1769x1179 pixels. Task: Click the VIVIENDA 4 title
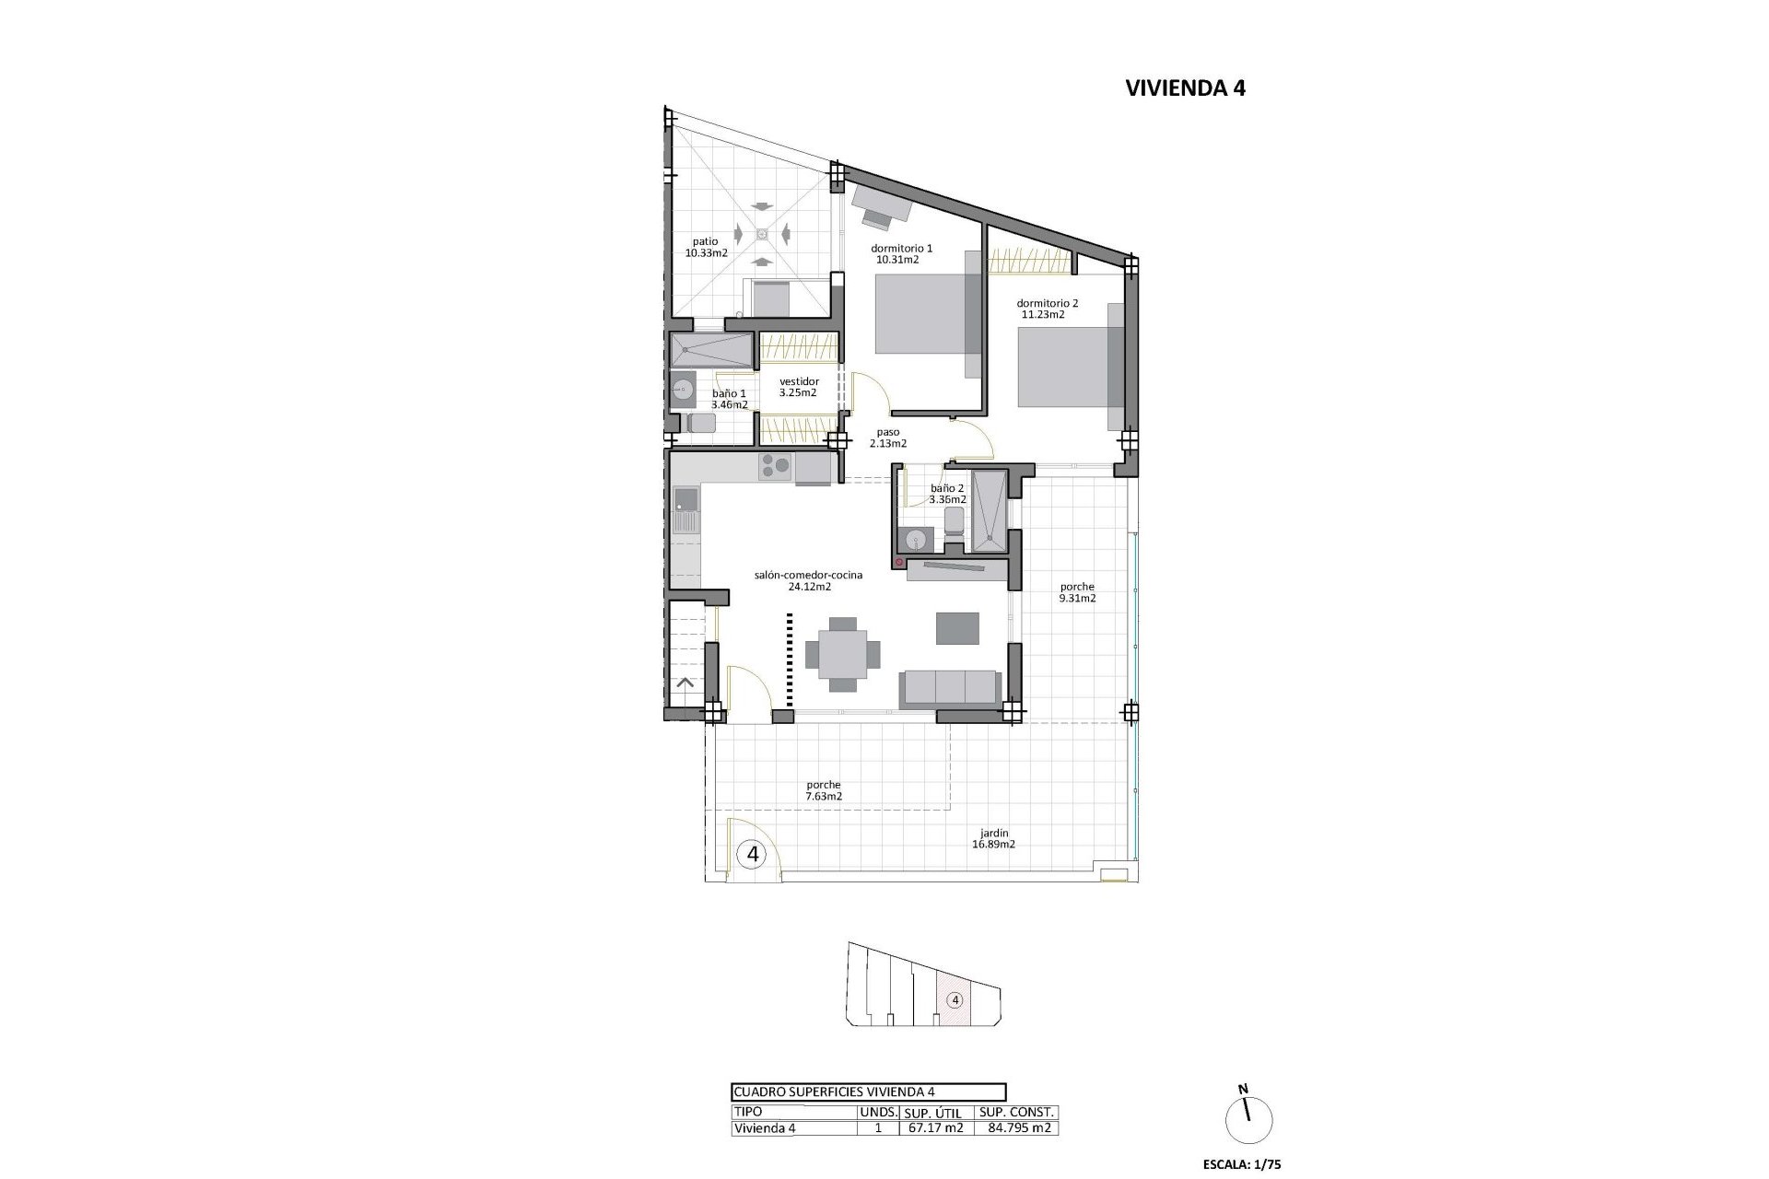[x=1185, y=88]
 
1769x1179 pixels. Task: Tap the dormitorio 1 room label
[x=902, y=248]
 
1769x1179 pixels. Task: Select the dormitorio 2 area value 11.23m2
[x=1043, y=314]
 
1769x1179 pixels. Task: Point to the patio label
[x=707, y=241]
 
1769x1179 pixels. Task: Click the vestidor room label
[x=799, y=381]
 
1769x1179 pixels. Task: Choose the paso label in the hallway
[x=888, y=431]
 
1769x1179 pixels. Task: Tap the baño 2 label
[x=947, y=488]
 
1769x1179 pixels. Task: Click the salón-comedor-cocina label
[x=808, y=575]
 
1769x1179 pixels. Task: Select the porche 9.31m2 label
[x=1077, y=592]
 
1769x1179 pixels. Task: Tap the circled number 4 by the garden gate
[x=753, y=854]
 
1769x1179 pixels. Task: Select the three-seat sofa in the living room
[x=949, y=690]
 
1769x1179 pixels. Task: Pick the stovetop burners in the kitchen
[x=775, y=469]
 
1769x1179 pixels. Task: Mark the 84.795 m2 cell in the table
[x=1017, y=1128]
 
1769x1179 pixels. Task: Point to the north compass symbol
[x=1248, y=1119]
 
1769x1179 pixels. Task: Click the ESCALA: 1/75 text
[x=1242, y=1164]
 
